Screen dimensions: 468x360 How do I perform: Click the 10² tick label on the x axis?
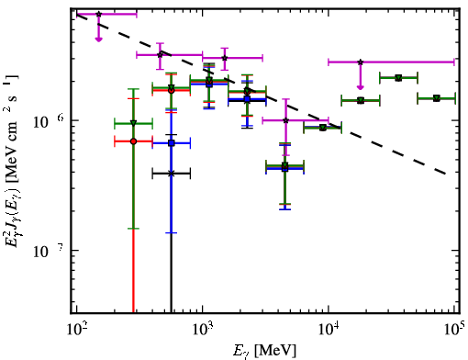coord(77,331)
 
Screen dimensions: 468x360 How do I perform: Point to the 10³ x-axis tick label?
coord(203,331)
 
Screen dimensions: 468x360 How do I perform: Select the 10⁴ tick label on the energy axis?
coord(329,331)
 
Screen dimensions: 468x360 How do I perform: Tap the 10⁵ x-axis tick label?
coord(455,331)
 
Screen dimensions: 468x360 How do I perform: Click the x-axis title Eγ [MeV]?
coord(264,351)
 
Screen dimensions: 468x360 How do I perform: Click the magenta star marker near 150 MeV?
coord(98,14)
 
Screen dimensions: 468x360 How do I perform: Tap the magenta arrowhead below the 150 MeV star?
coord(98,39)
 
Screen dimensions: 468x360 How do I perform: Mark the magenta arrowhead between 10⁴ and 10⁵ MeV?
coord(361,87)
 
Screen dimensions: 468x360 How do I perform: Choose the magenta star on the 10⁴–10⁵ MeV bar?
coord(361,62)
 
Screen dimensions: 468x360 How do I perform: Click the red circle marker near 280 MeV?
coord(133,141)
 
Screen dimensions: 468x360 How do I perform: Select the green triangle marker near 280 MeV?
coord(133,123)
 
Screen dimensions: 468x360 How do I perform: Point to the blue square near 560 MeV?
coord(172,142)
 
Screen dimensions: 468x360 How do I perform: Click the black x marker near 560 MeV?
coord(172,174)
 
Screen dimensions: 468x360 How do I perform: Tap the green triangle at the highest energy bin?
coord(437,98)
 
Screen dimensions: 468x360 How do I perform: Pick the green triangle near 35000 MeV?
coord(398,78)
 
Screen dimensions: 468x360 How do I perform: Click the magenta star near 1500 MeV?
coord(225,58)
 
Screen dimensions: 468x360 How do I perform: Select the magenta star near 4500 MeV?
coord(285,120)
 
